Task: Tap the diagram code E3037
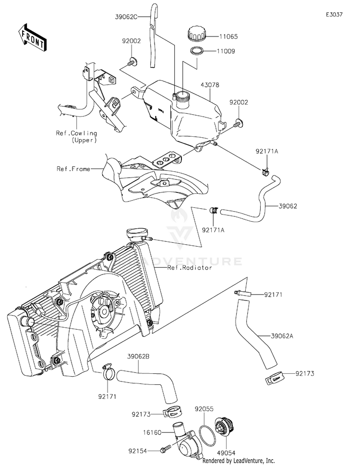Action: click(x=334, y=14)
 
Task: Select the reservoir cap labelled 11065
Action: click(x=196, y=34)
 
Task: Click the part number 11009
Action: click(x=226, y=51)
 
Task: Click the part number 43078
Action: click(x=210, y=85)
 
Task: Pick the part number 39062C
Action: click(x=126, y=17)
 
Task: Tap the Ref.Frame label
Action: click(x=73, y=169)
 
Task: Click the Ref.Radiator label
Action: click(x=190, y=268)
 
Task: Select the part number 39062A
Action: click(x=282, y=336)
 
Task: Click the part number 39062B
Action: click(x=138, y=357)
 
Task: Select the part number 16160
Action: click(x=153, y=433)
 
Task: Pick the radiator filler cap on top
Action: click(x=137, y=233)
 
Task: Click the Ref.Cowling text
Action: click(x=76, y=133)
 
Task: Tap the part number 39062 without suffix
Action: click(x=288, y=206)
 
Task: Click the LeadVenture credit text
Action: click(x=239, y=461)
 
